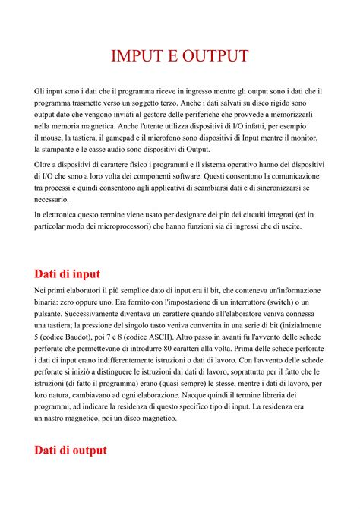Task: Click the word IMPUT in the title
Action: click(x=136, y=56)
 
